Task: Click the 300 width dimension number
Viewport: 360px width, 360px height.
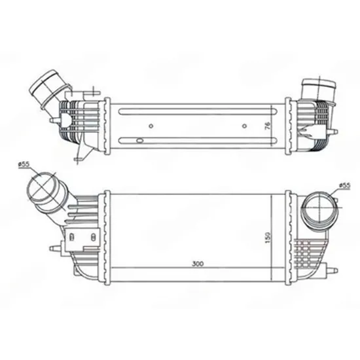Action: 198,264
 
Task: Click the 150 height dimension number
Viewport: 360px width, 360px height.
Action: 268,238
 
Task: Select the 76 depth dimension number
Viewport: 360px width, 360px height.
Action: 268,126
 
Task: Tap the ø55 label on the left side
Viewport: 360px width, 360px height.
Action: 24,164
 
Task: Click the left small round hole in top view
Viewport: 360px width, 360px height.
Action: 151,126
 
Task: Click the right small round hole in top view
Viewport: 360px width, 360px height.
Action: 245,126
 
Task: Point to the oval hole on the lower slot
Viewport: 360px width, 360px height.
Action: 139,141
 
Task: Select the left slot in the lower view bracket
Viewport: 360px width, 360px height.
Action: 71,236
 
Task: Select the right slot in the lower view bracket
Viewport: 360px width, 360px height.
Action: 93,237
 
